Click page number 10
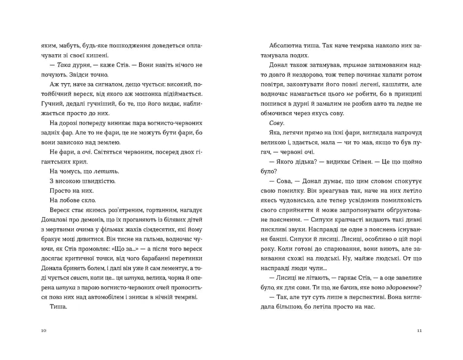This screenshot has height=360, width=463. coord(43,331)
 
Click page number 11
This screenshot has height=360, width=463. coord(419,331)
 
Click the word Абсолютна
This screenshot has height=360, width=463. coord(284,46)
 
